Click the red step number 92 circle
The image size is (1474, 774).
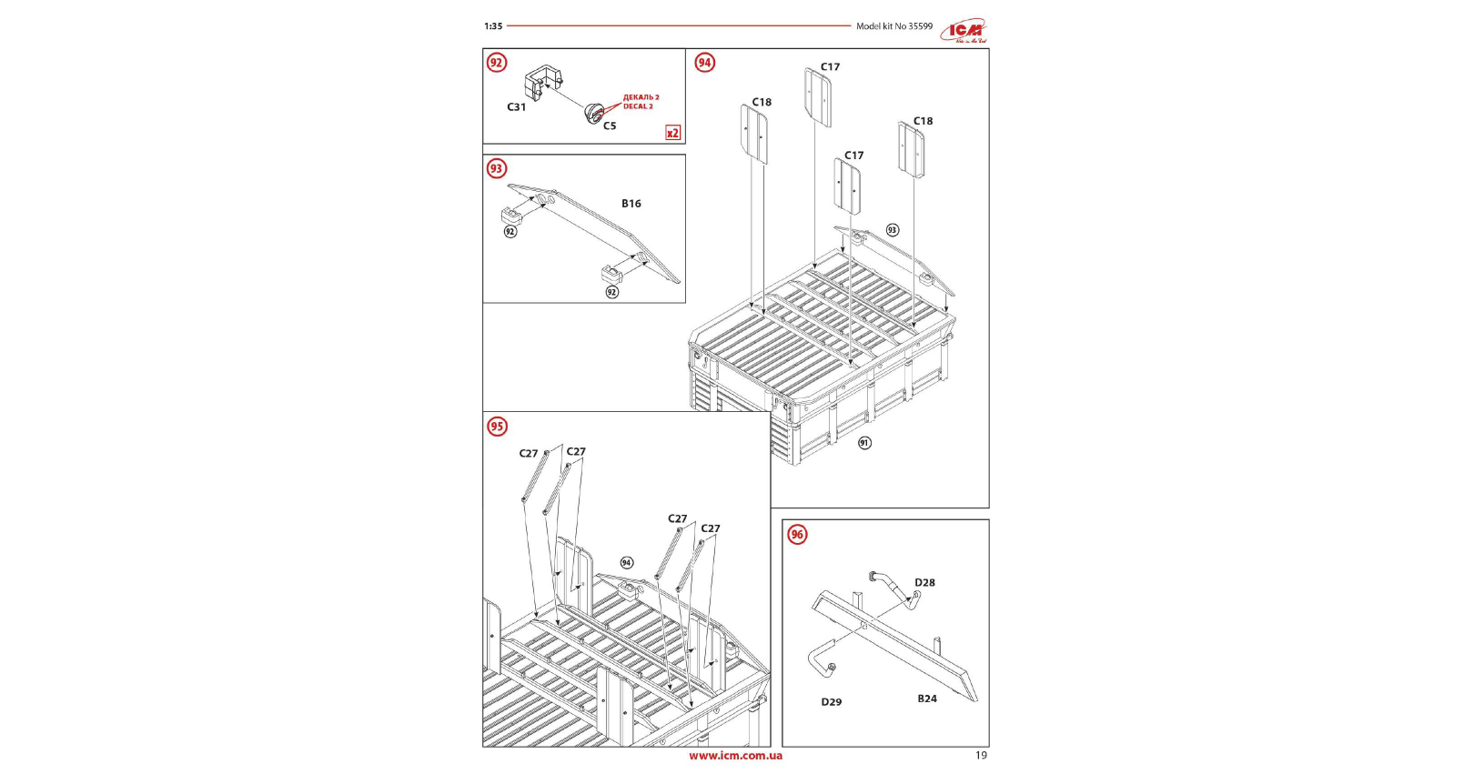click(496, 63)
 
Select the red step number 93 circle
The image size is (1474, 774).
click(496, 168)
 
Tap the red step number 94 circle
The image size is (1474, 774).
click(704, 63)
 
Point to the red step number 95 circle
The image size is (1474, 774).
click(497, 427)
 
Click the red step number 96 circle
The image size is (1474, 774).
click(797, 534)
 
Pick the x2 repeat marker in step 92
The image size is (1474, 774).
click(672, 133)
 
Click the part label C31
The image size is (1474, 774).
click(516, 107)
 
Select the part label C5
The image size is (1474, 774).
click(610, 126)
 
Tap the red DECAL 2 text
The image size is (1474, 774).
click(638, 106)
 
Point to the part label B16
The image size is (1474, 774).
click(631, 204)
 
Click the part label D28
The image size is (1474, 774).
click(924, 583)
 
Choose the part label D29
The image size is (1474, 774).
click(832, 702)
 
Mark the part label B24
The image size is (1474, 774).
click(927, 699)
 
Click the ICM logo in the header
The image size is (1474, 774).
click(964, 31)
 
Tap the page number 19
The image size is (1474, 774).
click(981, 755)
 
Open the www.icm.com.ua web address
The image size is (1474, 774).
click(735, 755)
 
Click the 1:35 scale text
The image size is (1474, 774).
click(493, 26)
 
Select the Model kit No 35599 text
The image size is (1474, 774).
click(893, 26)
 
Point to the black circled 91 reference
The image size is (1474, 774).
click(864, 443)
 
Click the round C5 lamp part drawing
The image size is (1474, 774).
click(594, 114)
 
